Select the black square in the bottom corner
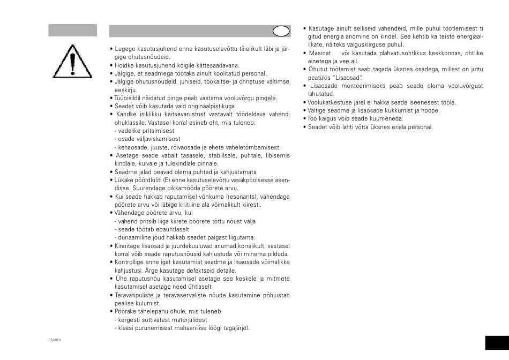pyautogui.click(x=497, y=343)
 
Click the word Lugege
pyautogui.click(x=124, y=49)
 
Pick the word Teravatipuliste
pyautogui.click(x=134, y=295)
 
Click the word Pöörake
pyautogui.click(x=126, y=311)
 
